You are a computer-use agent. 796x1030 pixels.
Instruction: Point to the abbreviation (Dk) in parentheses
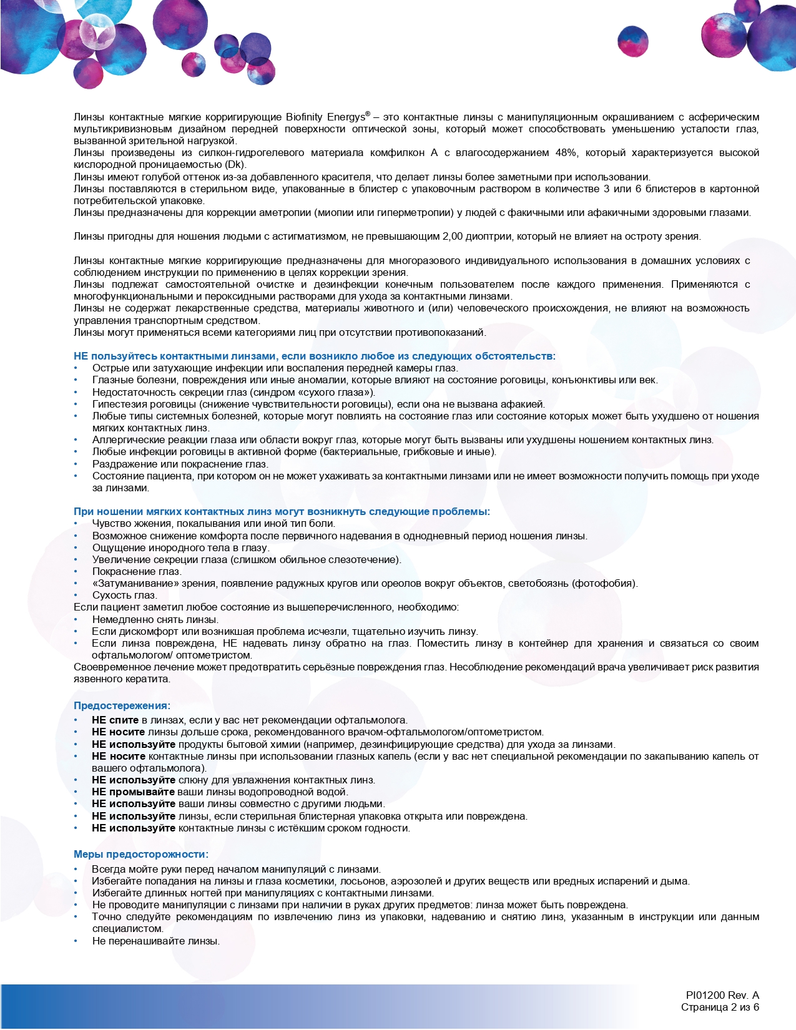coord(234,165)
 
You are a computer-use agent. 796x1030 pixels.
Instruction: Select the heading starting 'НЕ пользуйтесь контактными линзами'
coord(314,356)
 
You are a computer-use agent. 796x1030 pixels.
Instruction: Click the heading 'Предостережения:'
coord(122,706)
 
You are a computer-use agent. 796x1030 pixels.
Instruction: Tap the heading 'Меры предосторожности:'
coord(141,855)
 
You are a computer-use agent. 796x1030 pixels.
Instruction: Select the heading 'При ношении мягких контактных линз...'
coord(282,512)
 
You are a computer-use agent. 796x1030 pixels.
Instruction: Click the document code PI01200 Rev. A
coord(722,996)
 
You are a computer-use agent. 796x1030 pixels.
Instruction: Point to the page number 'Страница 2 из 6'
coord(720,1008)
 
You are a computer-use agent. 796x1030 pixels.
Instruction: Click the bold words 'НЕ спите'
coord(115,720)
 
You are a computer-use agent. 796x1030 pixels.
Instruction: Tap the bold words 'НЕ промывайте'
coord(133,792)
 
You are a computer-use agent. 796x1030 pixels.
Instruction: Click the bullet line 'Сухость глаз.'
coord(125,596)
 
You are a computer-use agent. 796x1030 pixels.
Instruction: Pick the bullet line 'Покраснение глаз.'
coord(137,572)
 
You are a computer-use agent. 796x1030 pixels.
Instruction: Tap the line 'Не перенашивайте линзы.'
coord(155,941)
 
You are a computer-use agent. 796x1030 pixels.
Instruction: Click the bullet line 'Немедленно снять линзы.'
coord(155,620)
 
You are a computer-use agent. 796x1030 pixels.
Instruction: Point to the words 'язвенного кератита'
coord(121,679)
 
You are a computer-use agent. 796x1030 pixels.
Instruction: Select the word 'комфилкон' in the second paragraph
coord(400,153)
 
